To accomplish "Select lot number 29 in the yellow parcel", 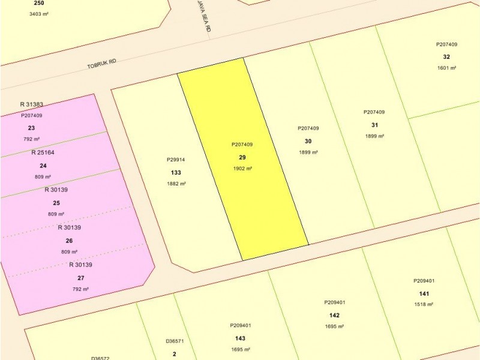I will (x=242, y=157).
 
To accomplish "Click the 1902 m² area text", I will (x=242, y=169).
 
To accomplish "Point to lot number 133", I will (x=176, y=172).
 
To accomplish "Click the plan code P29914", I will (x=176, y=160).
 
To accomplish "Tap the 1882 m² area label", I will (x=176, y=184).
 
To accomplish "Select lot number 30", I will (x=308, y=141).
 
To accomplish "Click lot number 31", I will (x=374, y=125).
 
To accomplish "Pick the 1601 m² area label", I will (x=447, y=68).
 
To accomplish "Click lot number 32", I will (x=446, y=56).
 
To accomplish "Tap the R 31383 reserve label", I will (x=31, y=104).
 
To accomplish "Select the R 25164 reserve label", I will (x=43, y=152).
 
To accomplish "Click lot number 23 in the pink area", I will (x=31, y=128).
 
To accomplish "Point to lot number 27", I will (x=80, y=278).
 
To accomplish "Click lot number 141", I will (x=424, y=293).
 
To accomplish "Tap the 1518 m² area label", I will (x=424, y=304).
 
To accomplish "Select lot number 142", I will (x=334, y=315).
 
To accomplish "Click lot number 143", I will (x=240, y=338).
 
